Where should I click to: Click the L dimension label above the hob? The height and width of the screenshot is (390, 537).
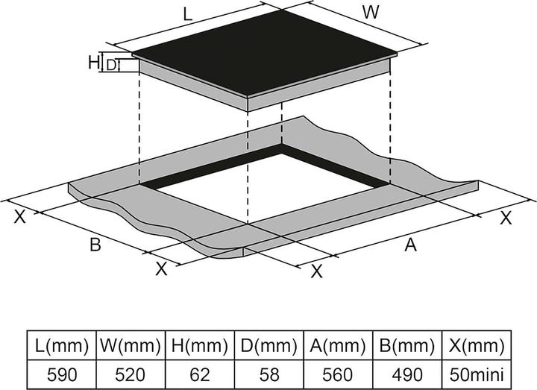187,13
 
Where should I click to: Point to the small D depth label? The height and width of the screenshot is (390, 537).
111,66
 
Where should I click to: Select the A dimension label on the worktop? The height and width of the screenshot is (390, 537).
409,245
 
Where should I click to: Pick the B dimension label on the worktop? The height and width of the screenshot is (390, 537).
95,245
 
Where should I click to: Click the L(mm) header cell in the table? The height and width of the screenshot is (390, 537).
61,346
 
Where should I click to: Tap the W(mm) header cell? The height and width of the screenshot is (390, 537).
131,346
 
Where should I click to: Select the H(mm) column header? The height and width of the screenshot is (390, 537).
200,346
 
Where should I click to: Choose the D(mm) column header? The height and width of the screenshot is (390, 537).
269,346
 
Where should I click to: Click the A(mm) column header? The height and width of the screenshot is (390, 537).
339,346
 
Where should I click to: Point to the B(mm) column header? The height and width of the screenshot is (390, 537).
407,346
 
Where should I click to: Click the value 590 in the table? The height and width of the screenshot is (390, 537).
61,374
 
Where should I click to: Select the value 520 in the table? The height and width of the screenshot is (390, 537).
131,374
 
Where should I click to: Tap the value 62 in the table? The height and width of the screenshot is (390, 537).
200,374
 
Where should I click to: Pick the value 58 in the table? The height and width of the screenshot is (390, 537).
269,374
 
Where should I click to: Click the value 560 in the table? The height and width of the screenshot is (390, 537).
339,374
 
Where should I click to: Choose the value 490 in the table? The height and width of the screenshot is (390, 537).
407,374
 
